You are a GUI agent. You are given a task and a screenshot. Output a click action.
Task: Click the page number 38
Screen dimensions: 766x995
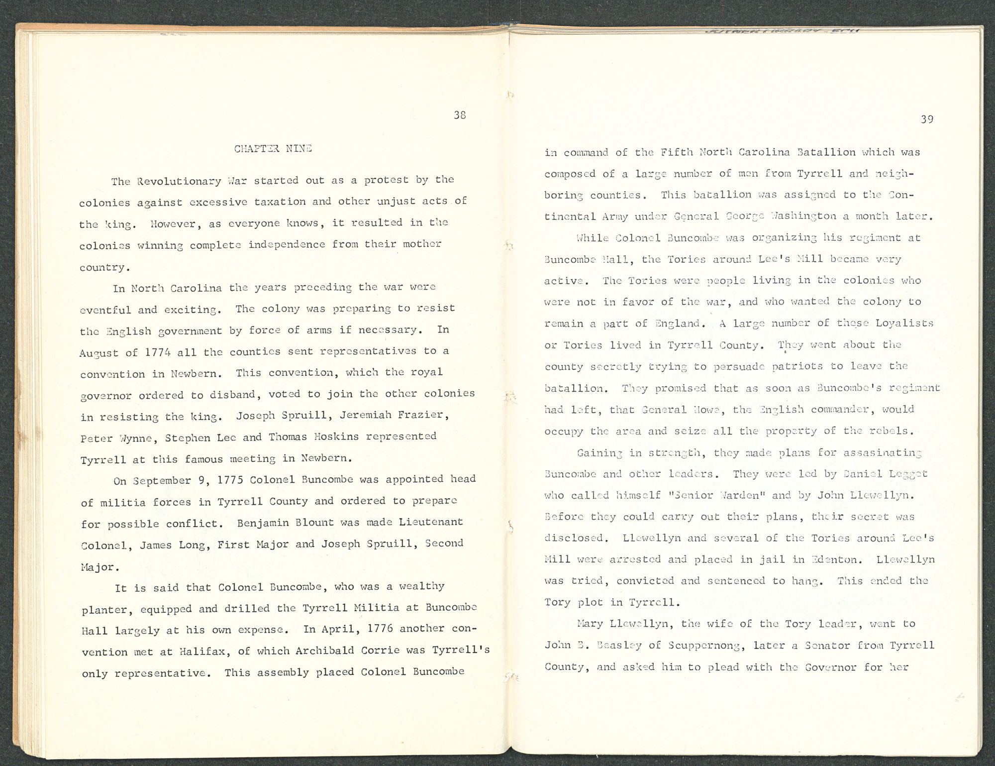[x=460, y=115]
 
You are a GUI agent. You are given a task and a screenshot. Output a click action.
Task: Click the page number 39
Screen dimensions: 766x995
[x=926, y=119]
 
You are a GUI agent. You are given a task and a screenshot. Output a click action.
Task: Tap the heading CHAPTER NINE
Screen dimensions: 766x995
[x=273, y=148]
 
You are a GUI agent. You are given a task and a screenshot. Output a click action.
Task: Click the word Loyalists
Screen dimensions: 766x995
[x=904, y=324]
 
